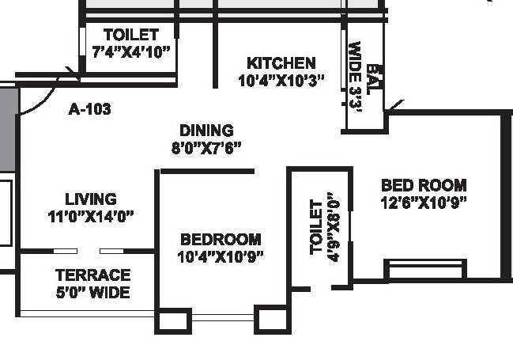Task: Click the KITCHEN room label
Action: click(x=281, y=63)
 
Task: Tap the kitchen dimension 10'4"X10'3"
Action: click(x=281, y=80)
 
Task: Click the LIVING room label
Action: click(x=90, y=199)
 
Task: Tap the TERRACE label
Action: click(x=92, y=275)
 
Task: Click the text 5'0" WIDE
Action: click(x=92, y=292)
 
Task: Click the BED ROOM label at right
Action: click(x=424, y=185)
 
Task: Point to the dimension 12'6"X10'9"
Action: click(x=424, y=202)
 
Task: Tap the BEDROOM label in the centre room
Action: click(x=221, y=240)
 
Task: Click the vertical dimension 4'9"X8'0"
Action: click(x=333, y=227)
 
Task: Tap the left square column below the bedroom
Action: click(x=173, y=320)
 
